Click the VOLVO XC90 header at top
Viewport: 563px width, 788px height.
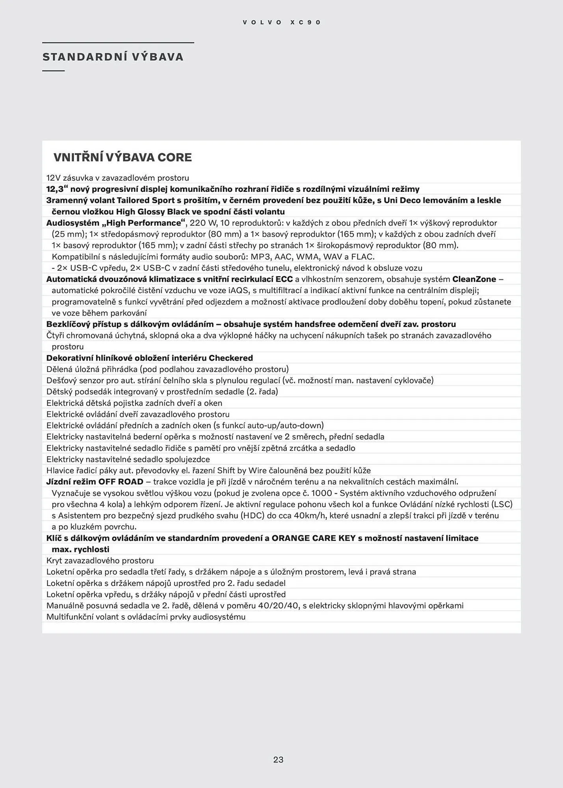tap(282, 22)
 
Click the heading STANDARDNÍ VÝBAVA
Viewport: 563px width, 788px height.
tap(113, 57)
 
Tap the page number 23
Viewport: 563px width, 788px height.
tap(278, 760)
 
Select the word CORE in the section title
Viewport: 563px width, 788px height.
tap(175, 157)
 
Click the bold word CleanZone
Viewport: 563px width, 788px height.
tap(474, 279)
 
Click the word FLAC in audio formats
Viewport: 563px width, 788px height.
tap(362, 257)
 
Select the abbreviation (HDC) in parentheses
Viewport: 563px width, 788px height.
tap(252, 516)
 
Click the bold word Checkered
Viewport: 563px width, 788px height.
tap(230, 358)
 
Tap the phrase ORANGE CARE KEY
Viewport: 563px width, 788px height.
tap(314, 538)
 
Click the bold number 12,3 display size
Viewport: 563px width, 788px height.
tap(55, 189)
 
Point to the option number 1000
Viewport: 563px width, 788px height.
tap(321, 493)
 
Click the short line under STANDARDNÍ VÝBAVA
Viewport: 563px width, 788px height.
tap(53, 71)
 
